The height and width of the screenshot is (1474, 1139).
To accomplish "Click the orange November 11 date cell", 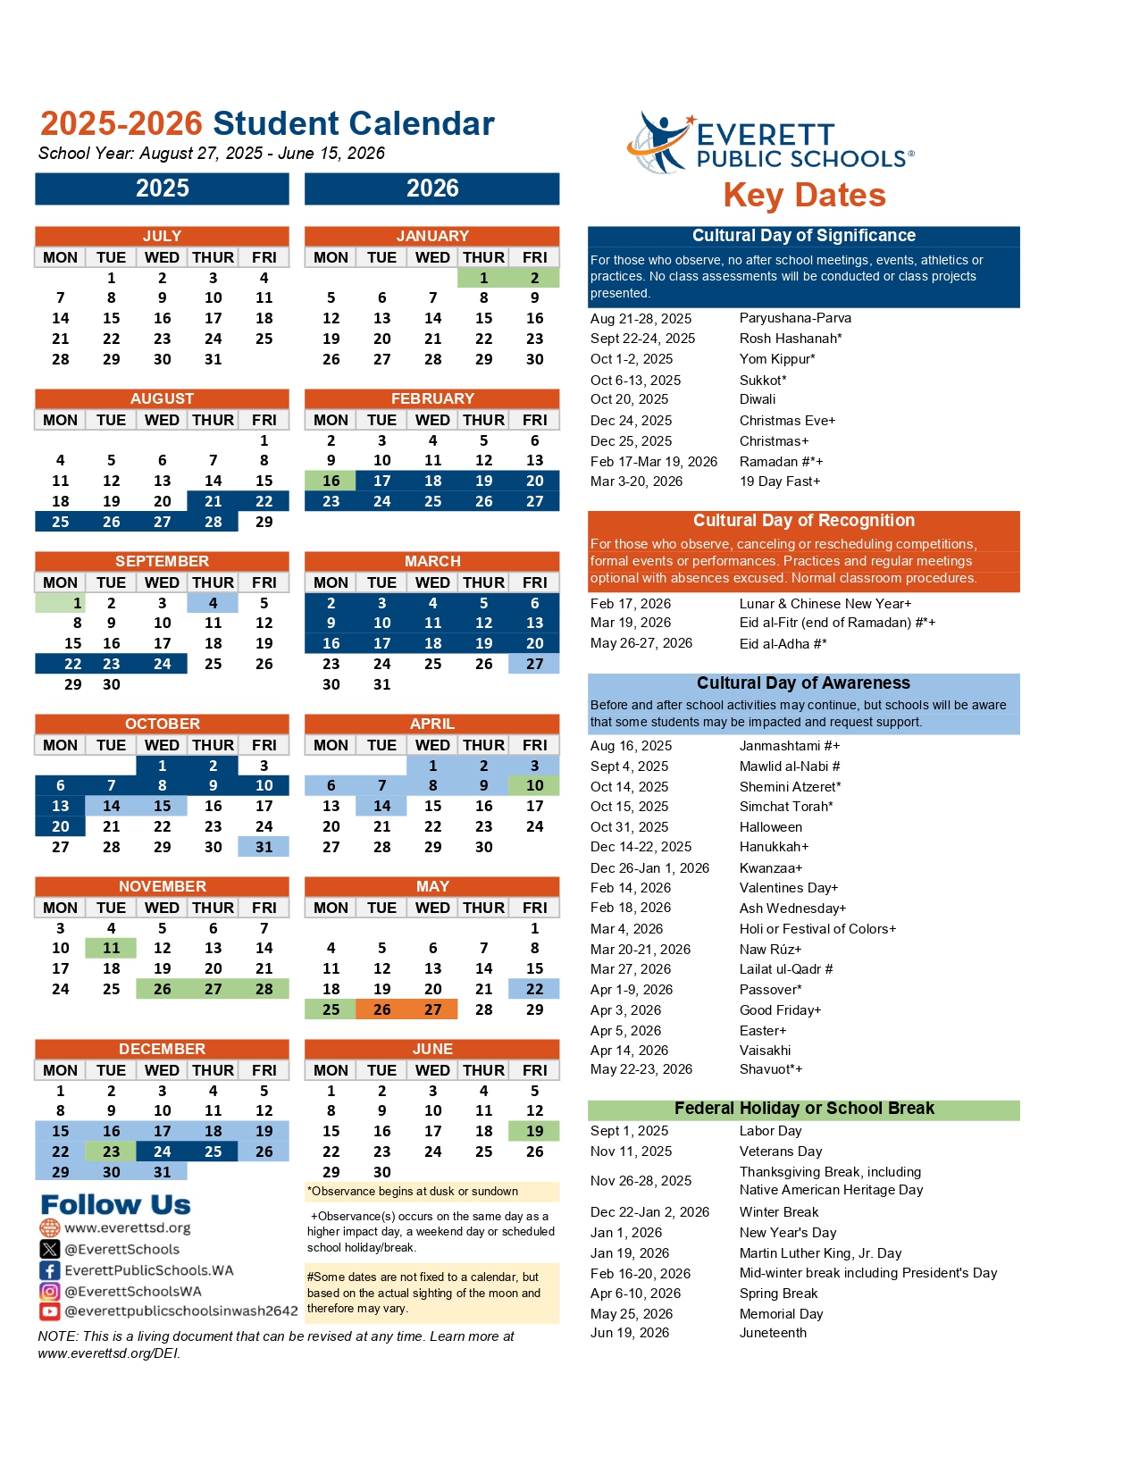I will (111, 948).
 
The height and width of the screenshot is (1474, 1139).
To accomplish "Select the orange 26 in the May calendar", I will (381, 1009).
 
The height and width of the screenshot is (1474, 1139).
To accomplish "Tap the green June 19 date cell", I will (534, 1131).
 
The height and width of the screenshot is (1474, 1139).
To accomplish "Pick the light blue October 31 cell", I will (264, 847).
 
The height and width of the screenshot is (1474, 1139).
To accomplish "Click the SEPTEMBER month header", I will (162, 561).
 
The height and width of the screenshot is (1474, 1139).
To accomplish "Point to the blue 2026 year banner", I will (432, 188).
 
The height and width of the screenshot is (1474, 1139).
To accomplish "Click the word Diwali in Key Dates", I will (758, 399).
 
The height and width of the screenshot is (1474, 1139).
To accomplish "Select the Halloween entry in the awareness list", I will (771, 827).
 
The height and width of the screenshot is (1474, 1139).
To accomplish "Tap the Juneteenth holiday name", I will (773, 1333).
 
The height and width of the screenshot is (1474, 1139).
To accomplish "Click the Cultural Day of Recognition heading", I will (804, 521).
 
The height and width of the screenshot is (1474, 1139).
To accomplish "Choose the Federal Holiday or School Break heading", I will (804, 1109).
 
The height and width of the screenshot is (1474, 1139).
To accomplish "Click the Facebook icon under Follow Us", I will (49, 1270).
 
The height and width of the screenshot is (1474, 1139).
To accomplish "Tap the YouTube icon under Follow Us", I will (49, 1311).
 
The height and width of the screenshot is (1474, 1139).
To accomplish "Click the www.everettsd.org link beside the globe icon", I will (128, 1228).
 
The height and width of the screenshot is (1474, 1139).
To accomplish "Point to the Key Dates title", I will (804, 196).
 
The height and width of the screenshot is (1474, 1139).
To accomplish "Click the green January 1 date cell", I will (483, 278).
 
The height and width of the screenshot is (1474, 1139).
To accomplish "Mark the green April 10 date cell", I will (534, 785).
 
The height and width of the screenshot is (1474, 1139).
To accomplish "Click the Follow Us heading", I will (116, 1205).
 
